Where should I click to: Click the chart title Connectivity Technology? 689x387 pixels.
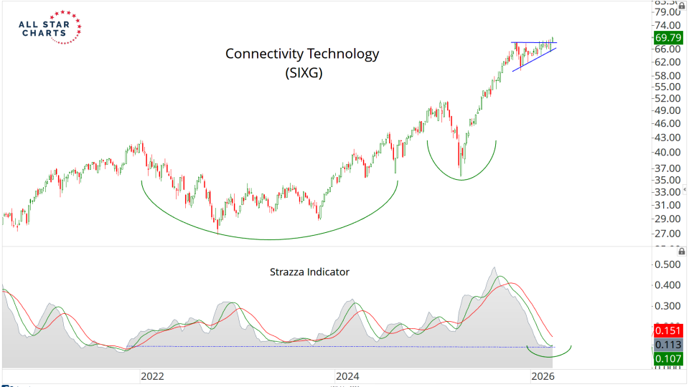point(302,54)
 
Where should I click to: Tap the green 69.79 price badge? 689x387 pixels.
point(667,37)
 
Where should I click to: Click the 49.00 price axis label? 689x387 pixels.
point(667,110)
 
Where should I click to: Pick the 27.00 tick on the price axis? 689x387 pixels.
point(667,234)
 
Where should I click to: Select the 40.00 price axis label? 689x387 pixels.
point(667,152)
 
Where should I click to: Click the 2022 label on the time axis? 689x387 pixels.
point(152,376)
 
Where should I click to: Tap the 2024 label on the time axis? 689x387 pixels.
point(347,376)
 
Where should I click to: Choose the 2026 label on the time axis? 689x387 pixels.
point(542,376)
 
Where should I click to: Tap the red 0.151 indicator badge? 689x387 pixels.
point(667,331)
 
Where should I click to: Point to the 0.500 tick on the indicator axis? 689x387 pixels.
point(667,264)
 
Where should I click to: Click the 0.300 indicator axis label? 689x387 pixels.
point(667,306)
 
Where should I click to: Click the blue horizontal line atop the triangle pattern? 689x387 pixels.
point(533,42)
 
